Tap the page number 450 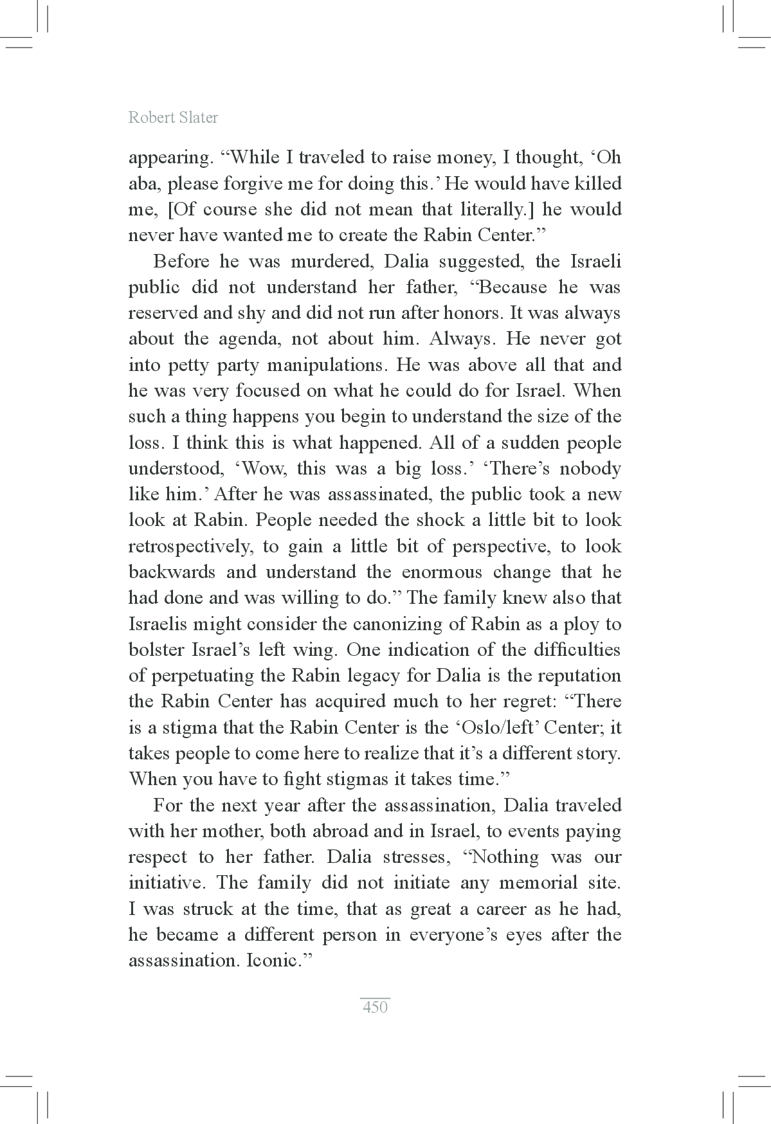coord(375,1007)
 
